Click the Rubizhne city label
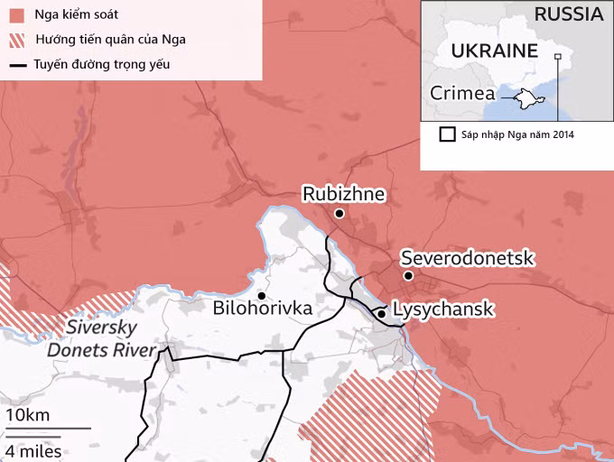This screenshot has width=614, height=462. click(343, 194)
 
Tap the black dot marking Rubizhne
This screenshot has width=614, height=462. click(340, 214)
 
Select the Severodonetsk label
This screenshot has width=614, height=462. click(468, 258)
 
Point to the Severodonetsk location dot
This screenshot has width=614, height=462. click(408, 276)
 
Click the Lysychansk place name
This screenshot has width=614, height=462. click(444, 310)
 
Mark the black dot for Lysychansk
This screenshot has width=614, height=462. click(382, 313)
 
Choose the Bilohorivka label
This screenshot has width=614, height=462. click(263, 310)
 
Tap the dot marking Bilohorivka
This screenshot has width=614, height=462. click(261, 295)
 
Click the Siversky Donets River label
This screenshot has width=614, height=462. click(100, 338)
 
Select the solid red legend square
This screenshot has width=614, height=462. click(16, 16)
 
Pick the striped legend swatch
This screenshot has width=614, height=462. click(16, 41)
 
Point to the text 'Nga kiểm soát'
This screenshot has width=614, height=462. click(76, 16)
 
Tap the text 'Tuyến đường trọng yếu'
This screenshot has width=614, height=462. click(101, 65)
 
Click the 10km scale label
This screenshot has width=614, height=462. click(27, 415)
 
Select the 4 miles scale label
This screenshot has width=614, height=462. click(33, 450)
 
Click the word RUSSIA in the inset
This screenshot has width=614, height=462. click(568, 14)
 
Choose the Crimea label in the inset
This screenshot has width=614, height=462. click(462, 93)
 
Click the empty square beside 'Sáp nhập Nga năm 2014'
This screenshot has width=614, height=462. click(446, 134)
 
